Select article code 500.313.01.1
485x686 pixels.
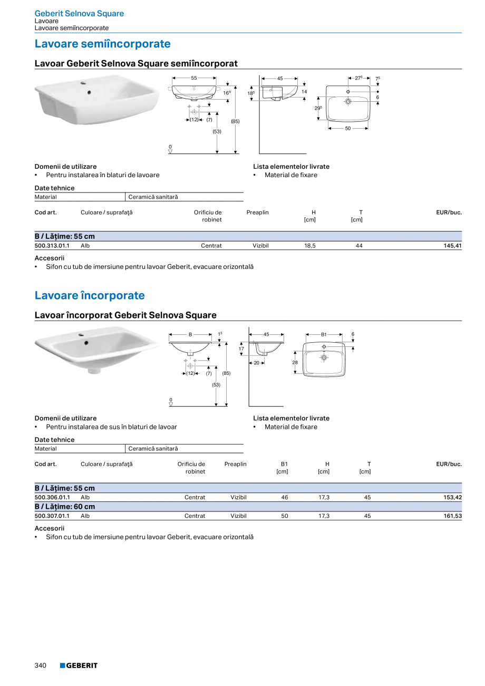(52, 246)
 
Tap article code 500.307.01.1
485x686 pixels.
(52, 516)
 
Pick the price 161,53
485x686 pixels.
(452, 516)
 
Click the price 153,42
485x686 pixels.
(452, 497)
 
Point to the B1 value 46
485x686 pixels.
(285, 497)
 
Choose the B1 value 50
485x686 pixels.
(285, 516)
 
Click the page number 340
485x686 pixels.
(41, 665)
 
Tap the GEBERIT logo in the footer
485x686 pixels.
(79, 665)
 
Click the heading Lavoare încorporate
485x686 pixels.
(90, 295)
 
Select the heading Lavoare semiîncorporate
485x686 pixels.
(102, 44)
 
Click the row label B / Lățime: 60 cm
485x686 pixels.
(65, 507)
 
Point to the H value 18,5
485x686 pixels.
(310, 246)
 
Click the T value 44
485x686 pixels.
(359, 246)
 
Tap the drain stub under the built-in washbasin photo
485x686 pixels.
(94, 371)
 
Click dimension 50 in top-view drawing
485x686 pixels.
(348, 129)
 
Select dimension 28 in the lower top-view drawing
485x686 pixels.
(295, 362)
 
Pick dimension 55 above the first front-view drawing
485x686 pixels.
(194, 78)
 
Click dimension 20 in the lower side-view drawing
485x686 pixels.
(257, 362)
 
